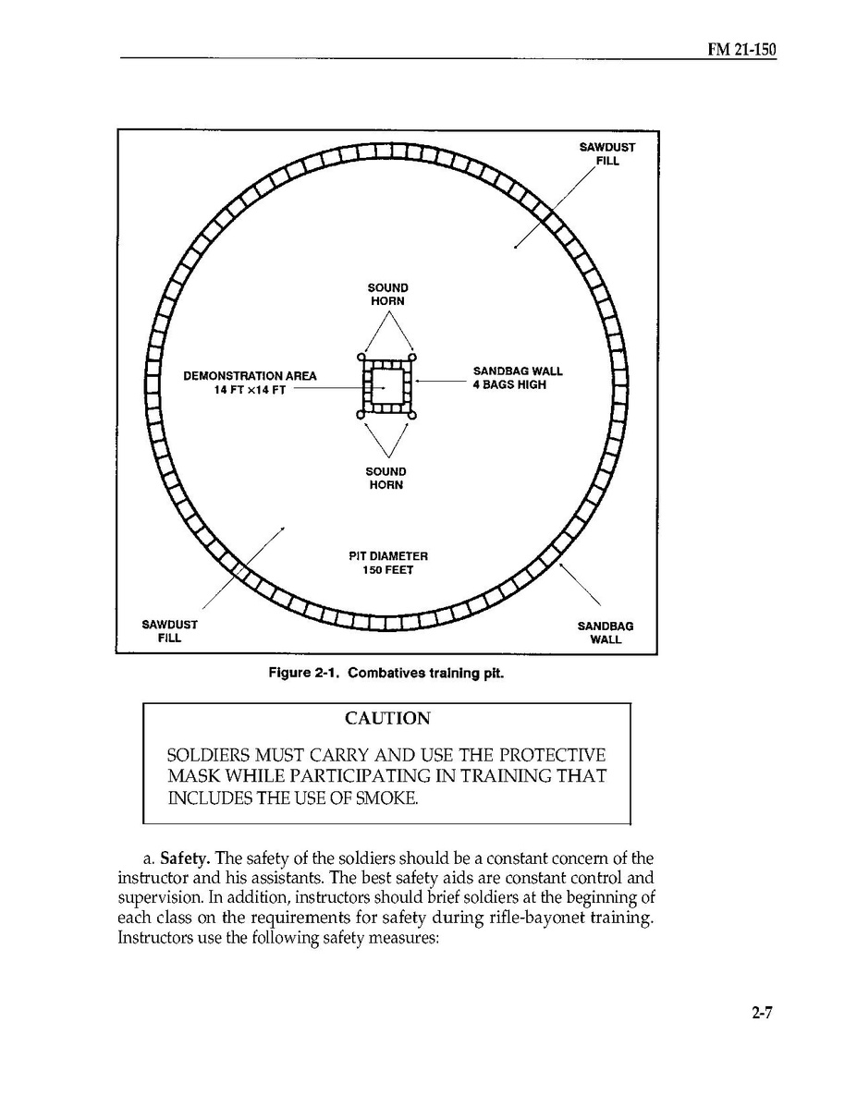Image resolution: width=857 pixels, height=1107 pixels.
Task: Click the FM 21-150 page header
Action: coord(741,49)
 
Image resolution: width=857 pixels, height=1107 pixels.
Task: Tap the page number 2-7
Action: coord(762,1012)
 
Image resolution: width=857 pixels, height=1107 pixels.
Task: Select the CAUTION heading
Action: coord(386,719)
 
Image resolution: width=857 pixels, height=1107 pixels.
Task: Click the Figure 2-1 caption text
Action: coord(386,674)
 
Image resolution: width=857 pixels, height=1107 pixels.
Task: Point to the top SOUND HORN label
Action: coord(386,294)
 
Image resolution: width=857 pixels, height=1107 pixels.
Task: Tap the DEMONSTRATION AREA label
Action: coord(250,376)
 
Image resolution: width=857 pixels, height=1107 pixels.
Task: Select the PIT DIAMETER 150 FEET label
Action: coord(387,563)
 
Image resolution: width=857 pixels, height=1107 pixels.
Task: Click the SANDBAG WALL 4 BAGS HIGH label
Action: coord(517,378)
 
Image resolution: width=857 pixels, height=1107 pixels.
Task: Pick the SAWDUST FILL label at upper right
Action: coord(606,153)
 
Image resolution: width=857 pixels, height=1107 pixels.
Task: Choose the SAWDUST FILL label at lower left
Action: coord(169,631)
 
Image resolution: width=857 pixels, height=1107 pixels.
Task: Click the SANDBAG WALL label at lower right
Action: coord(606,632)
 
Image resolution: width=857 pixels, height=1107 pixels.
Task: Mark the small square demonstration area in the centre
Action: coord(386,386)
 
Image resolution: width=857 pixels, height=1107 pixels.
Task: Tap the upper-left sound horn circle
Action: coord(361,358)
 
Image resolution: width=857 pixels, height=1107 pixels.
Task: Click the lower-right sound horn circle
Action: coord(412,416)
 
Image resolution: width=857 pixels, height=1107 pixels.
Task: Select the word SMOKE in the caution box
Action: coord(380,797)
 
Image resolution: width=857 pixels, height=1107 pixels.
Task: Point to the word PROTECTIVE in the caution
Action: coord(549,755)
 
